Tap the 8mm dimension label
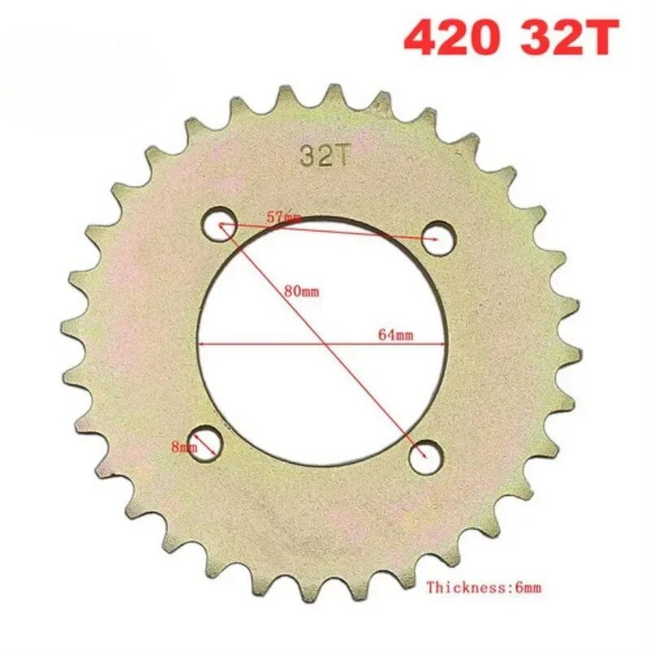185,446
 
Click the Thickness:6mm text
483,586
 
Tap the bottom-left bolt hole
206,443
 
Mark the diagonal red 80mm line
366,391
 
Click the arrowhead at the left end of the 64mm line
201,343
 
